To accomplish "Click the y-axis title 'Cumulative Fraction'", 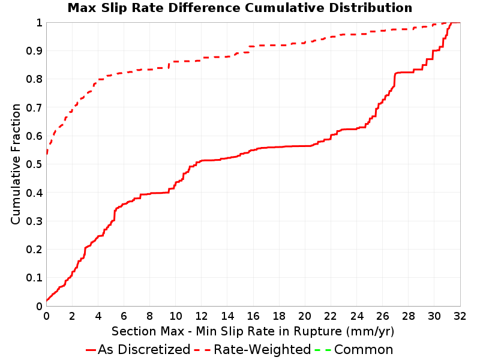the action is [x=16, y=164].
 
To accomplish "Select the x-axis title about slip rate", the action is [x=253, y=331].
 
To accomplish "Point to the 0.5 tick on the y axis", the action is [x=34, y=164].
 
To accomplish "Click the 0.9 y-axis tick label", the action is [x=34, y=51].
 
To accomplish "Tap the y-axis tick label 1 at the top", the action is [x=39, y=23].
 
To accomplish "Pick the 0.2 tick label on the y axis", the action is [x=34, y=250].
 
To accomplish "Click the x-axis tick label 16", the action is [x=253, y=316].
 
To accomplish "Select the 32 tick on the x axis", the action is [x=460, y=316].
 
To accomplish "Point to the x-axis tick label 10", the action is [x=175, y=316].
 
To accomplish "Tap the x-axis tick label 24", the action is [x=356, y=316].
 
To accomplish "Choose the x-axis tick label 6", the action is [x=124, y=316].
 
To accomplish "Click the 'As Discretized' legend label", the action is [x=144, y=350].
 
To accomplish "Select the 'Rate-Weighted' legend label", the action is [x=262, y=350].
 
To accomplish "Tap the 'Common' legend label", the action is [x=364, y=350].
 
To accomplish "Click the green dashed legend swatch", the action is [x=323, y=350].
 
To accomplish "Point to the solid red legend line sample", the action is [x=91, y=350].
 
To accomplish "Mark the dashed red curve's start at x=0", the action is [x=47, y=154].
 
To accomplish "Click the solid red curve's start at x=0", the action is [x=47, y=301].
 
